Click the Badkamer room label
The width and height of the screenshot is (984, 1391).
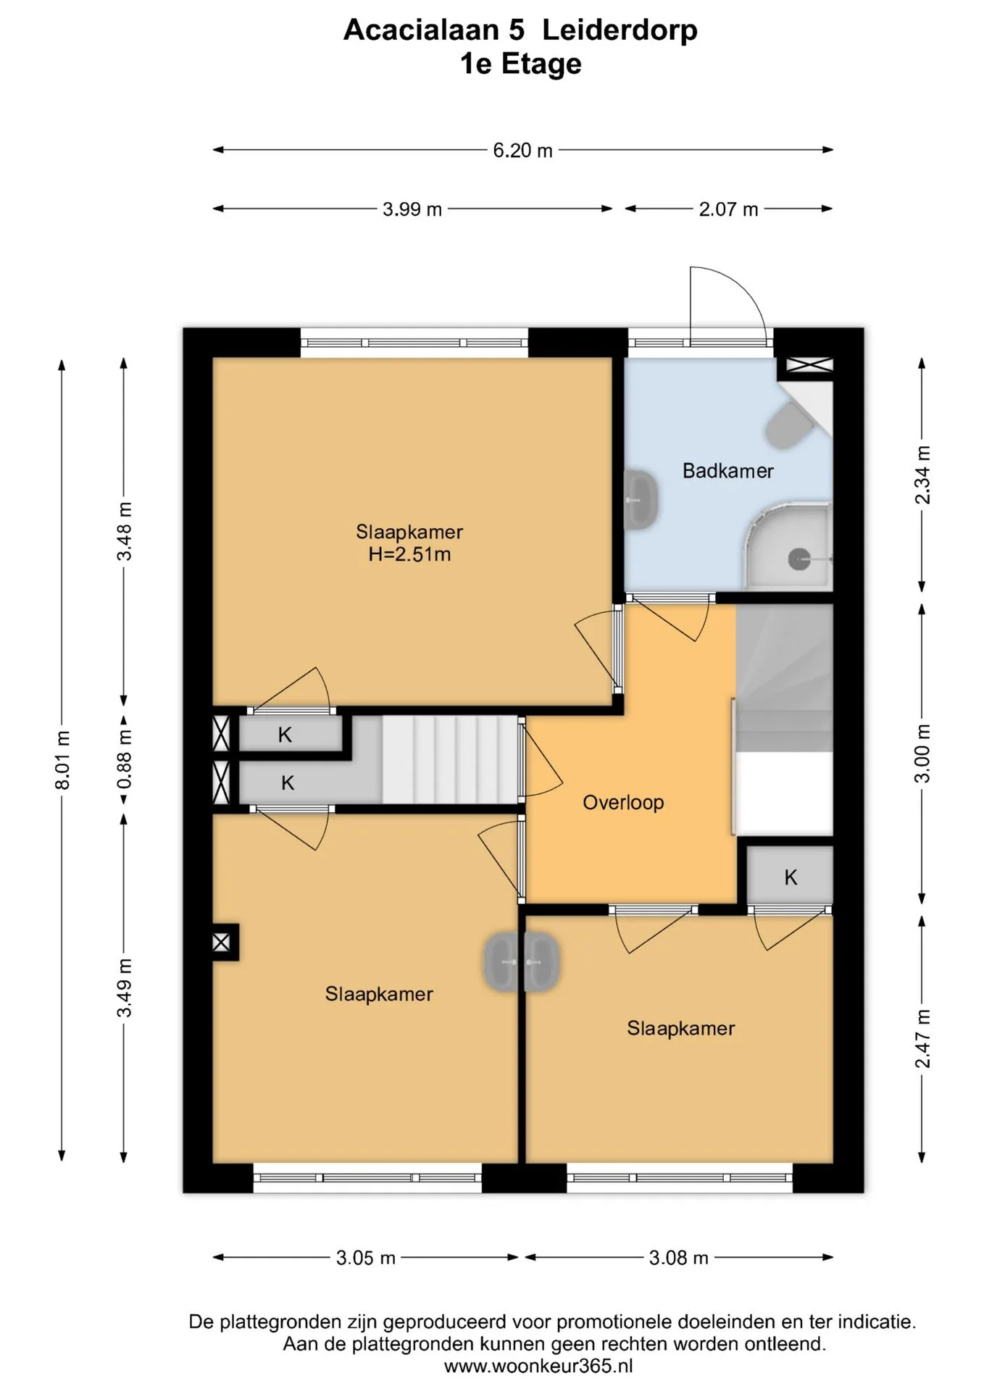click(727, 471)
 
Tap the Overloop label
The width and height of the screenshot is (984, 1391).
click(623, 803)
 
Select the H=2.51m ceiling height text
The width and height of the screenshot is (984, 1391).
click(409, 555)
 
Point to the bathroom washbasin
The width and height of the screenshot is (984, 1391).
click(641, 499)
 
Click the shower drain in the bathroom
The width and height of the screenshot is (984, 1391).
click(799, 559)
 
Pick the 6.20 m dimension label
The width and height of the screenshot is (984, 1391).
click(522, 151)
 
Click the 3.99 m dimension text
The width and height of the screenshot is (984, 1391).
click(412, 209)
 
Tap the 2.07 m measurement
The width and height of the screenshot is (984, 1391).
click(728, 209)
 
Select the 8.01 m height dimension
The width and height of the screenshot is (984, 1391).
click(63, 760)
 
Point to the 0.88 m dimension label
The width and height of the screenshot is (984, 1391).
click(125, 759)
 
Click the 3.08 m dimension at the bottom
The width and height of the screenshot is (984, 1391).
click(678, 1258)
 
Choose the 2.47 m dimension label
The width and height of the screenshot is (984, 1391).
click(922, 1038)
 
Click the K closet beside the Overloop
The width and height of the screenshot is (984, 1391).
click(790, 877)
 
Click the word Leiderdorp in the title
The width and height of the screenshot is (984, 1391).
click(620, 30)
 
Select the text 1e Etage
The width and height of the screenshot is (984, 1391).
click(521, 64)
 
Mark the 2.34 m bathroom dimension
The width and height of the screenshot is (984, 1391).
click(922, 475)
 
